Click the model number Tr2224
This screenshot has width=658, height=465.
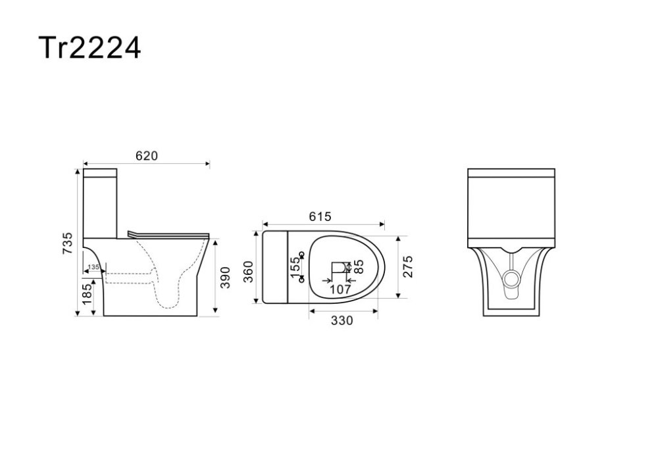point(89,47)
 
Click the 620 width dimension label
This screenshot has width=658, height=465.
point(147,156)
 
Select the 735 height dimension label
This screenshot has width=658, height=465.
point(67,243)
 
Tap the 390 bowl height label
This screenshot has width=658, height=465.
point(225,277)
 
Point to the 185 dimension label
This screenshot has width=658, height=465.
point(87,294)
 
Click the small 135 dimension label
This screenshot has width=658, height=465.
point(93,266)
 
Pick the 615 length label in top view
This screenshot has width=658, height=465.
point(320,216)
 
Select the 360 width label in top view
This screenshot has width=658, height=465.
point(249,272)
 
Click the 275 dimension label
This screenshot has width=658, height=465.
point(407,266)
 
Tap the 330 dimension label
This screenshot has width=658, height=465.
point(342,320)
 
